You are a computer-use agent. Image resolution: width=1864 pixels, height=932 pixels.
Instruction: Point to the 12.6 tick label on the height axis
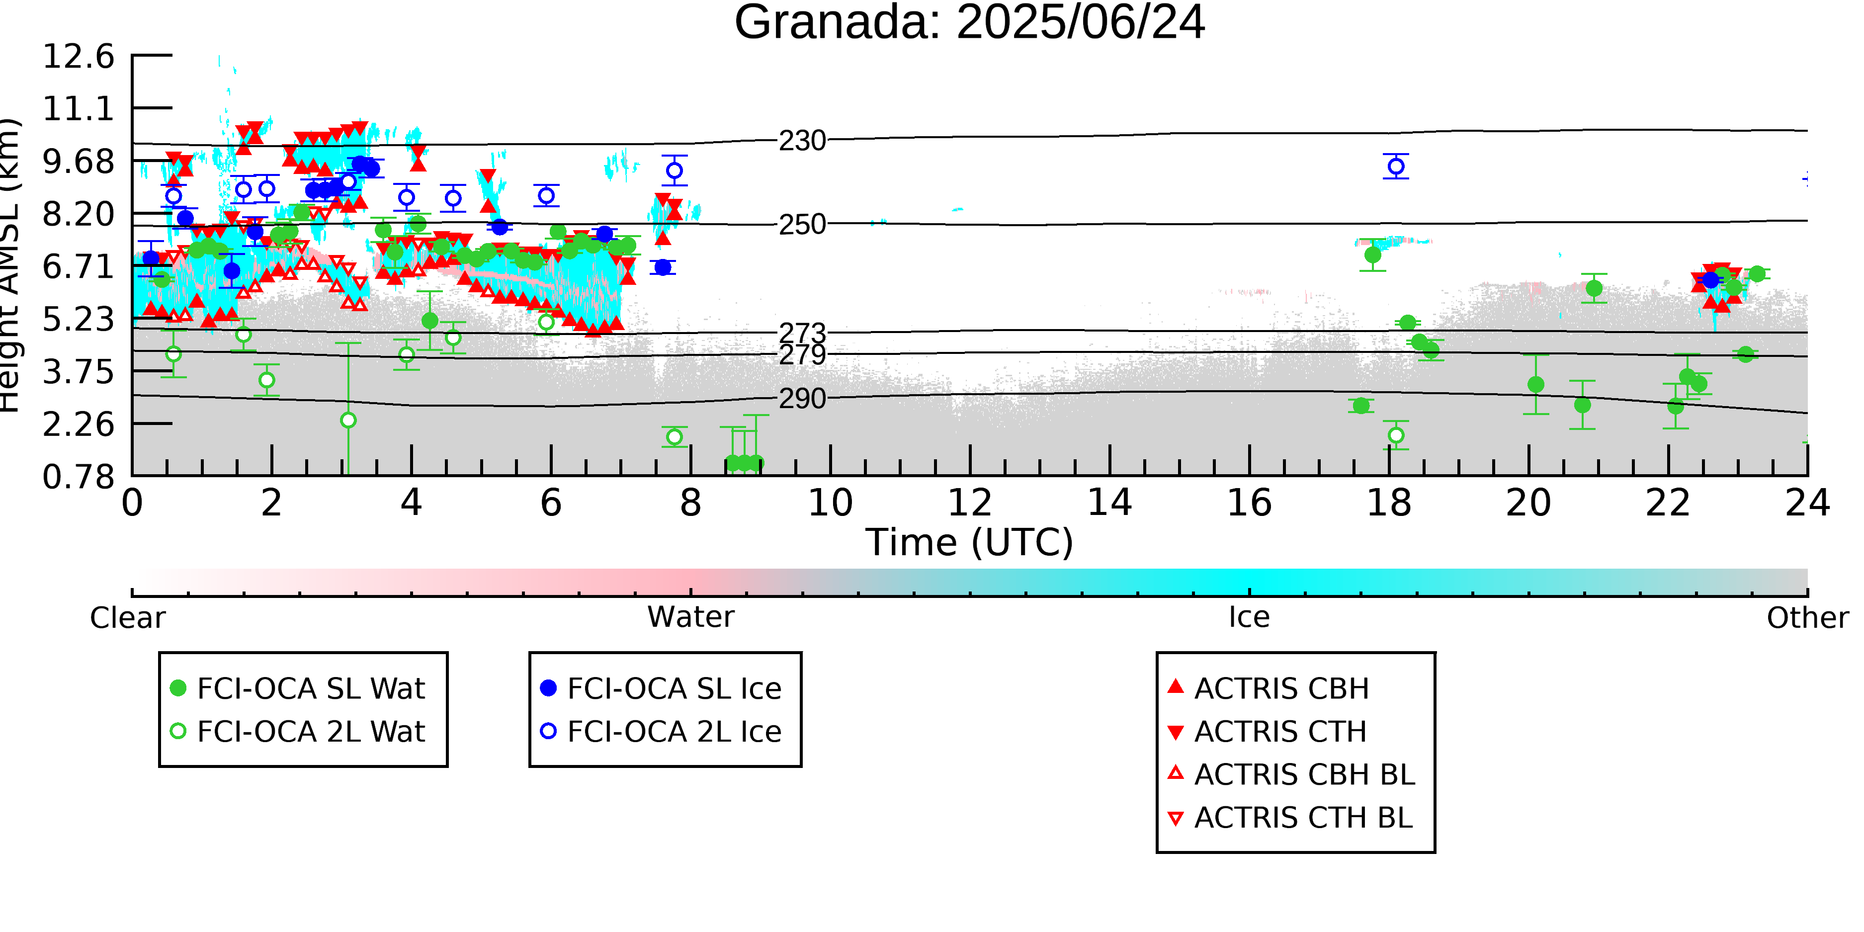point(79,57)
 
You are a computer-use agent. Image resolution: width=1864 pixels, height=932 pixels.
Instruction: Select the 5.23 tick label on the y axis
point(79,319)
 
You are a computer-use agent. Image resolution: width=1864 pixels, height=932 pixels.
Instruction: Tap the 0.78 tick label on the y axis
point(79,477)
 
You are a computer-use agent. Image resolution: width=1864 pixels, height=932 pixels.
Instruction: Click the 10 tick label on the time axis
point(830,503)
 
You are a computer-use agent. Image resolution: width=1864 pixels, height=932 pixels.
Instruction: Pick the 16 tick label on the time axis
point(1249,503)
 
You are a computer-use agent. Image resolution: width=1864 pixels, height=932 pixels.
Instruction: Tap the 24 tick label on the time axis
point(1807,503)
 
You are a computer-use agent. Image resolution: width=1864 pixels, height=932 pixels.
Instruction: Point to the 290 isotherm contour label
point(802,399)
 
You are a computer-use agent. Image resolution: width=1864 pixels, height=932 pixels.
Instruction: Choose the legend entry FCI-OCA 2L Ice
point(662,732)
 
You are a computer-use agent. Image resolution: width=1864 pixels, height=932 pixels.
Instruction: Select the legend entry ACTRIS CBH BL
point(1292,774)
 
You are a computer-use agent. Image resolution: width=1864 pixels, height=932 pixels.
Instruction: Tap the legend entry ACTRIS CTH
point(1267,732)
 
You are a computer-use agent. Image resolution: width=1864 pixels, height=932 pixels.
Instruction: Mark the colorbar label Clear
point(128,618)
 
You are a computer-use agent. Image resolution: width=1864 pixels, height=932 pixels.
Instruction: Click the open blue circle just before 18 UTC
point(1396,167)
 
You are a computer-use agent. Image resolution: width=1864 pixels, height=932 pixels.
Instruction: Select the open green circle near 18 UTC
point(1396,435)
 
